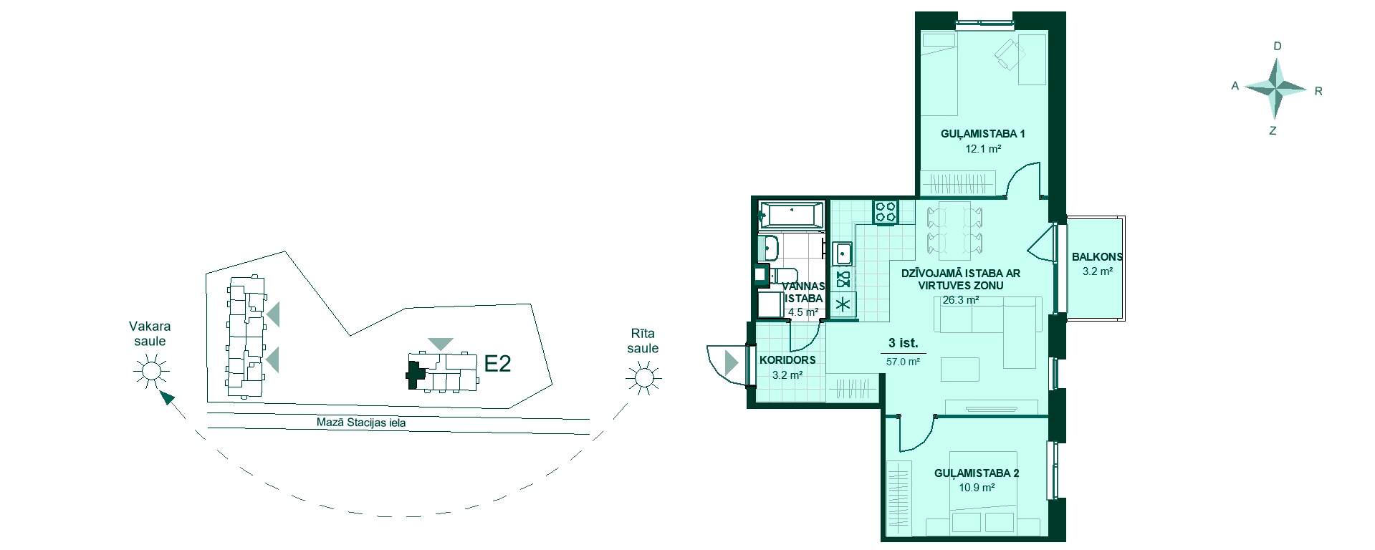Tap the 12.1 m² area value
tap(983, 149)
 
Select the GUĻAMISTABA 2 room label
tap(977, 473)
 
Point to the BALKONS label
tap(1097, 257)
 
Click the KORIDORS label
tap(787, 360)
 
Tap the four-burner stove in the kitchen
tap(886, 211)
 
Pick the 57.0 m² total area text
tap(903, 362)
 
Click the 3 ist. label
tap(903, 343)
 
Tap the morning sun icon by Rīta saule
tap(643, 377)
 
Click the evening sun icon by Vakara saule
tap(150, 371)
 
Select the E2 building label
tap(497, 364)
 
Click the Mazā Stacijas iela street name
tap(361, 423)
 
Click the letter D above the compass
tap(1277, 47)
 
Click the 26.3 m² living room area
tap(961, 301)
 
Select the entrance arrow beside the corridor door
tap(731, 363)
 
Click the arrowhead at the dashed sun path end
tap(167, 399)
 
